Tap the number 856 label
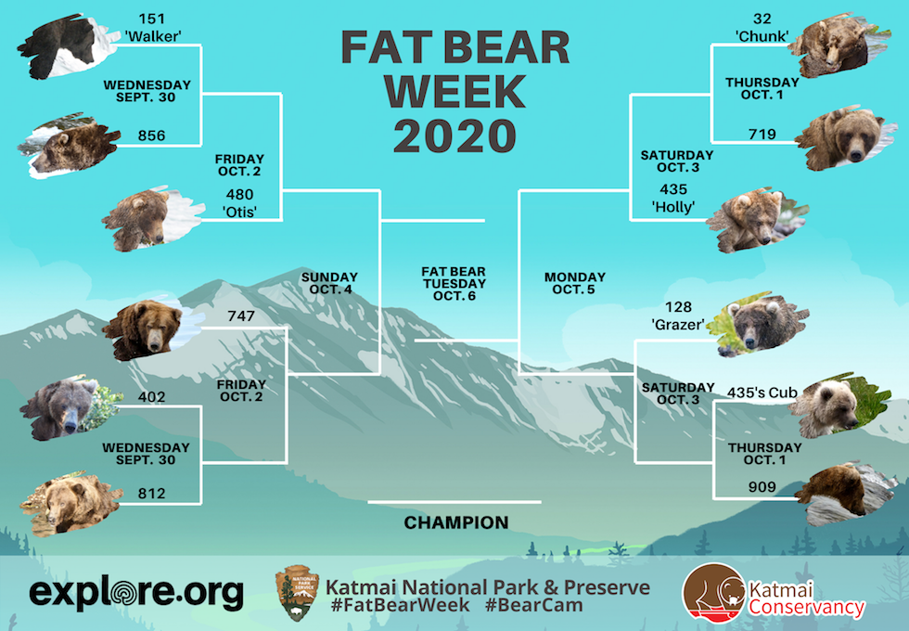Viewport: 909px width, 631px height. [x=151, y=135]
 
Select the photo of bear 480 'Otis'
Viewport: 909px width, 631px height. [x=152, y=219]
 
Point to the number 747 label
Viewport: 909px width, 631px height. [x=241, y=316]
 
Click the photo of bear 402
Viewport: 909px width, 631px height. [x=70, y=407]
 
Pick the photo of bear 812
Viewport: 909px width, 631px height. [x=70, y=503]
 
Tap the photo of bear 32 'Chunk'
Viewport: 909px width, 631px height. [x=839, y=45]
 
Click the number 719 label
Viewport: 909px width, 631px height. [x=762, y=135]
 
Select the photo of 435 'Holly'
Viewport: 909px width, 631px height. [x=757, y=220]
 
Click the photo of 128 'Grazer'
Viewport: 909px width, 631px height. [x=757, y=324]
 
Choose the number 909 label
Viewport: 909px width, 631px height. [x=762, y=487]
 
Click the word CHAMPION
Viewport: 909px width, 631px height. [x=456, y=522]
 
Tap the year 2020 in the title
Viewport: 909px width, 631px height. [x=455, y=135]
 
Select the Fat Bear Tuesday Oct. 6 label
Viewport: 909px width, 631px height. [x=454, y=284]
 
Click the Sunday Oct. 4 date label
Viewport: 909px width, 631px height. [x=329, y=284]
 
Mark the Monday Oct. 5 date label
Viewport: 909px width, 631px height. [x=574, y=284]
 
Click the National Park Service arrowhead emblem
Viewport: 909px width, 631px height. [x=297, y=593]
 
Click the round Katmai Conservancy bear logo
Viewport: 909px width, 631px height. [x=714, y=593]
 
